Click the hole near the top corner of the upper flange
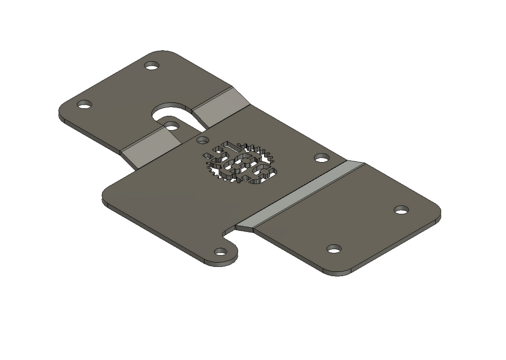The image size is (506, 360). coord(152,66)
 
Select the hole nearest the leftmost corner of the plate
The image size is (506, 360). coord(84,104)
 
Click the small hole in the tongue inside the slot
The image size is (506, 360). coord(172,125)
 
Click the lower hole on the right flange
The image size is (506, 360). coord(334,249)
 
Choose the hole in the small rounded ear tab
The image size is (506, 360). coord(221,252)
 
